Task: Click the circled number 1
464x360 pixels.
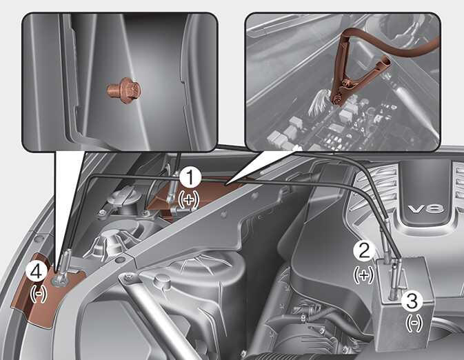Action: click(x=190, y=177)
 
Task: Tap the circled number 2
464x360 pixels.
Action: click(x=364, y=251)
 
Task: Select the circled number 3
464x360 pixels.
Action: click(x=412, y=301)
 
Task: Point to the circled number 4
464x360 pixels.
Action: click(x=37, y=272)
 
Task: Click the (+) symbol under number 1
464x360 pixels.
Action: click(x=190, y=200)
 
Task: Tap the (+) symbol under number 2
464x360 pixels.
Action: click(x=364, y=275)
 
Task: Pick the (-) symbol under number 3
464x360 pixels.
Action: click(x=414, y=323)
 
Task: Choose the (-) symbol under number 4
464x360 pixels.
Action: click(x=39, y=294)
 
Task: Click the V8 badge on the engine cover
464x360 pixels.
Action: click(x=426, y=209)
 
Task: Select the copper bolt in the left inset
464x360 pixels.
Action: click(x=123, y=90)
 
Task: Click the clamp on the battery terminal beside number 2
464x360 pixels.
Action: click(x=386, y=249)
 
